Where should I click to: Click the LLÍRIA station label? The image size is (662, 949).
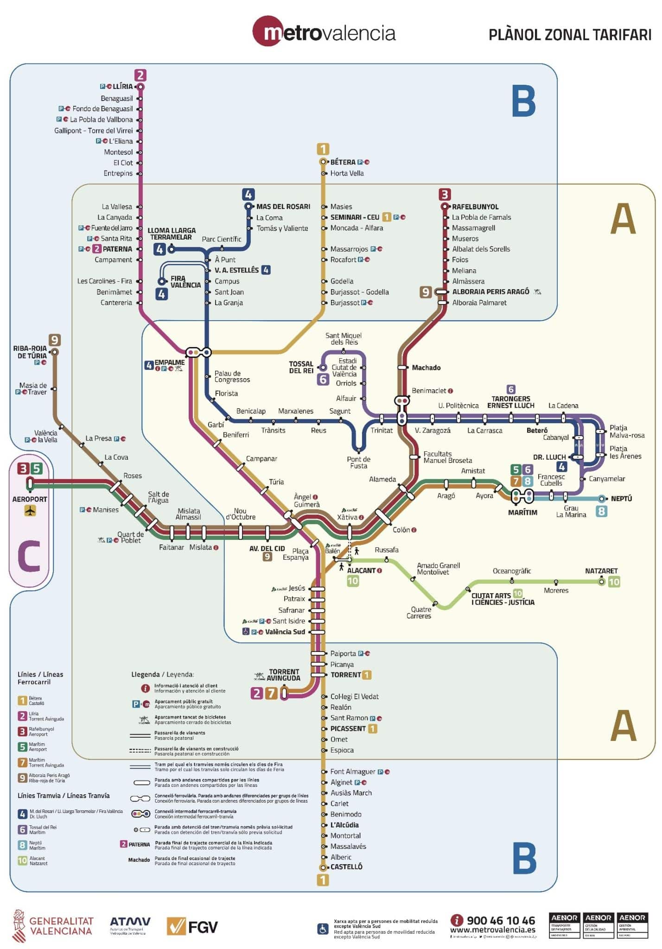(x=123, y=87)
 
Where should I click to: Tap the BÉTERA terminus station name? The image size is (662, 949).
(x=343, y=162)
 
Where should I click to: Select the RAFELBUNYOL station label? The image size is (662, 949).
(x=475, y=207)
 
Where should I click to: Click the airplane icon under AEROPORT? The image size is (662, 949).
(x=30, y=511)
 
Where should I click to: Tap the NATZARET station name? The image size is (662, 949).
(x=601, y=571)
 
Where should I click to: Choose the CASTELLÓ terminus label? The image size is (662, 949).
(x=346, y=867)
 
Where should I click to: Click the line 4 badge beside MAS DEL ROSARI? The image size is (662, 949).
(x=248, y=195)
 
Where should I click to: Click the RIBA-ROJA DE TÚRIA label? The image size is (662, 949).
(x=30, y=352)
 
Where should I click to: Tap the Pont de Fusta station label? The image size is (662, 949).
(x=358, y=462)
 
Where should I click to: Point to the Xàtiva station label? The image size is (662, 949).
(x=347, y=517)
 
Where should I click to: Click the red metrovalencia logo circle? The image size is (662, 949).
(x=267, y=31)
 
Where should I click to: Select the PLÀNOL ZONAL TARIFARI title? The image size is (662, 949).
(x=570, y=35)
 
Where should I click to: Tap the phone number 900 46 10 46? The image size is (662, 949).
(x=500, y=920)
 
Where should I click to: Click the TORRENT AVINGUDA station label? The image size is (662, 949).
(x=283, y=675)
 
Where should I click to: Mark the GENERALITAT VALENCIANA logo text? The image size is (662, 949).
(x=61, y=926)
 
